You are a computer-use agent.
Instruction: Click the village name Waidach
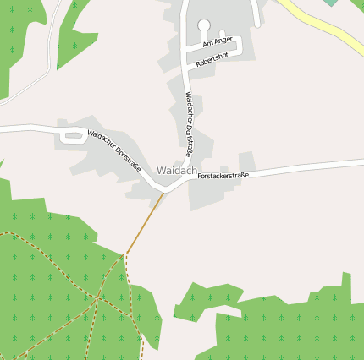176,171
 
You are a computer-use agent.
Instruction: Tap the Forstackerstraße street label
223,176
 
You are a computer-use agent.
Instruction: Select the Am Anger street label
217,41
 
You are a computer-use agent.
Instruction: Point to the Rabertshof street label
212,59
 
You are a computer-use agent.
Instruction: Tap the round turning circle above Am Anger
204,25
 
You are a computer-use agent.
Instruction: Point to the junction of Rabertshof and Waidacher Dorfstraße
186,66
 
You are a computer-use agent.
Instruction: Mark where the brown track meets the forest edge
126,253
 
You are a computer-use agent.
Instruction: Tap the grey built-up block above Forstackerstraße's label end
246,161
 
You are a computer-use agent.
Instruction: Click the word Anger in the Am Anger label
223,40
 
